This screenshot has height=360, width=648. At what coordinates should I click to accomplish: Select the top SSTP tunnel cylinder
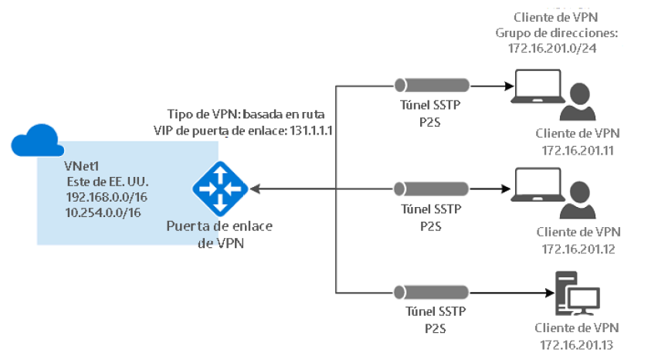tap(431, 86)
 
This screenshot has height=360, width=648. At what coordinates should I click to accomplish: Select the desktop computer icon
tap(576, 292)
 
